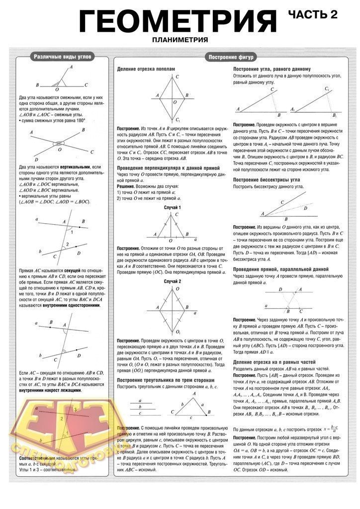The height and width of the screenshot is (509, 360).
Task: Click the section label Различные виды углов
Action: click(62, 57)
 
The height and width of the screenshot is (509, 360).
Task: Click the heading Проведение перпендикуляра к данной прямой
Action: click(168, 168)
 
